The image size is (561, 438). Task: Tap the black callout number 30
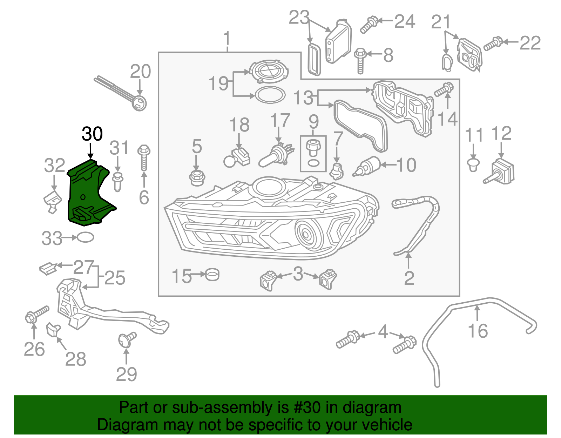click(x=92, y=134)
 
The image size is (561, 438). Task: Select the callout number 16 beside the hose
click(x=478, y=331)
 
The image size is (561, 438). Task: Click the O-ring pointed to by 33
click(x=85, y=238)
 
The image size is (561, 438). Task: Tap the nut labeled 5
click(x=197, y=178)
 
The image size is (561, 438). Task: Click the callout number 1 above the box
click(x=227, y=38)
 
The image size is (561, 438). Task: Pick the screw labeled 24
click(x=369, y=25)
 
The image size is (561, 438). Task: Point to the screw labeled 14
click(x=444, y=89)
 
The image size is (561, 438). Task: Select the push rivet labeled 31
click(x=118, y=181)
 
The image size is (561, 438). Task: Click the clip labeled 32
click(x=53, y=202)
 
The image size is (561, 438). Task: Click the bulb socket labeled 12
click(x=501, y=172)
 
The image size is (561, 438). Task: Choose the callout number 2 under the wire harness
click(x=409, y=278)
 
